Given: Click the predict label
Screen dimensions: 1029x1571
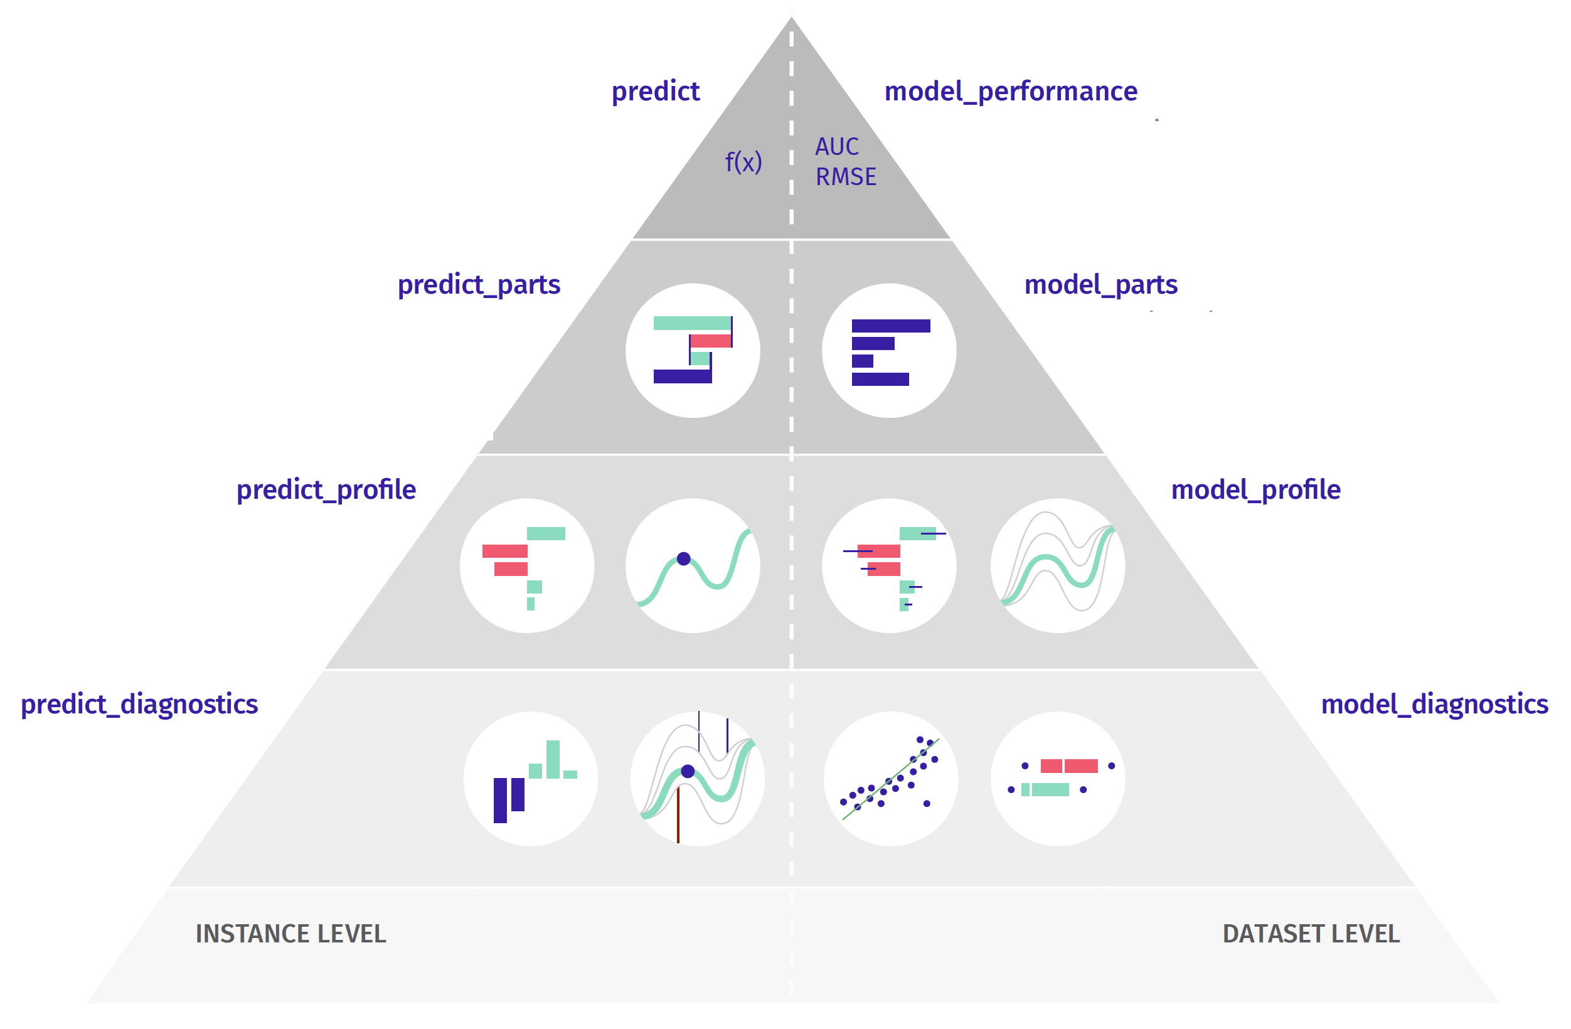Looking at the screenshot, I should [x=655, y=91].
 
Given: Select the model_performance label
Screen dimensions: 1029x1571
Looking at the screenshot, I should [x=1010, y=91].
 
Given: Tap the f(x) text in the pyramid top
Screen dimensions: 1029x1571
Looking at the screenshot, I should [x=743, y=162].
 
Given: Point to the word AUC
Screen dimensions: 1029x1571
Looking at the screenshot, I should [x=836, y=147].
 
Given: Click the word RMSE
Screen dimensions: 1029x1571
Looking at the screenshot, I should [x=846, y=177].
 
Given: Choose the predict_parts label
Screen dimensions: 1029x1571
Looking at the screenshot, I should [x=479, y=284].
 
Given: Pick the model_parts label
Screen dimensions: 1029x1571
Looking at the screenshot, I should [x=1100, y=284].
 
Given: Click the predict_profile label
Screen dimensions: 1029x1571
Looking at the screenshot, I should [x=326, y=490].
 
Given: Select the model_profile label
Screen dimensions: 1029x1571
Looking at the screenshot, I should [x=1255, y=490].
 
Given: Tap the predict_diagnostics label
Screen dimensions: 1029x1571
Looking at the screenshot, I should [x=139, y=704].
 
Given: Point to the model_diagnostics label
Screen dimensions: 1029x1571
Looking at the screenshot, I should [x=1434, y=704].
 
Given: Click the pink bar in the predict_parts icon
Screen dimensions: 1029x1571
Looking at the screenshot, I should [x=711, y=341].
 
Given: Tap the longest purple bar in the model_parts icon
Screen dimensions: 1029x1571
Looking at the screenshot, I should [x=890, y=326].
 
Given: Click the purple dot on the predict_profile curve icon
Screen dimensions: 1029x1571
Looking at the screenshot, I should [x=684, y=559].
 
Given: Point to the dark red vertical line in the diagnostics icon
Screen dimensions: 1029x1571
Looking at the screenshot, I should [x=678, y=815].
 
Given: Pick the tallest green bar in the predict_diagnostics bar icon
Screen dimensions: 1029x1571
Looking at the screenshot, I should [x=553, y=759].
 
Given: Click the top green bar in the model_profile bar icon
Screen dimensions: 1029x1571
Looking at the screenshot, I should [x=917, y=533].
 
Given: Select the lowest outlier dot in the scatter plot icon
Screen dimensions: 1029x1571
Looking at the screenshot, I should [x=927, y=803].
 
